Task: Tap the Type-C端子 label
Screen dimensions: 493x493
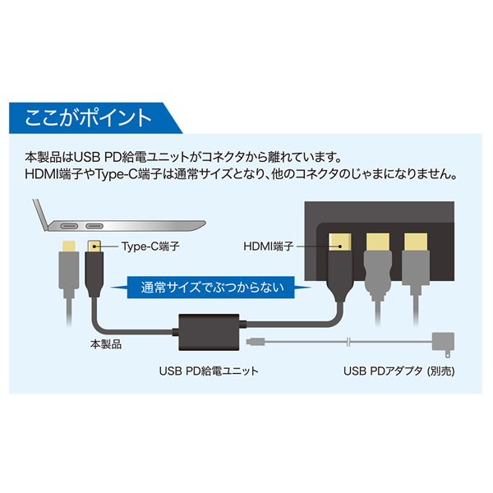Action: click(150, 245)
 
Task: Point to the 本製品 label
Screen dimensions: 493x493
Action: click(107, 344)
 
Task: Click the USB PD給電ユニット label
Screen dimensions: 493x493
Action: click(209, 371)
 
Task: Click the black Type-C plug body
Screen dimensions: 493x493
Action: click(94, 275)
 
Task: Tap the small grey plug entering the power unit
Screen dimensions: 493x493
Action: click(254, 339)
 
